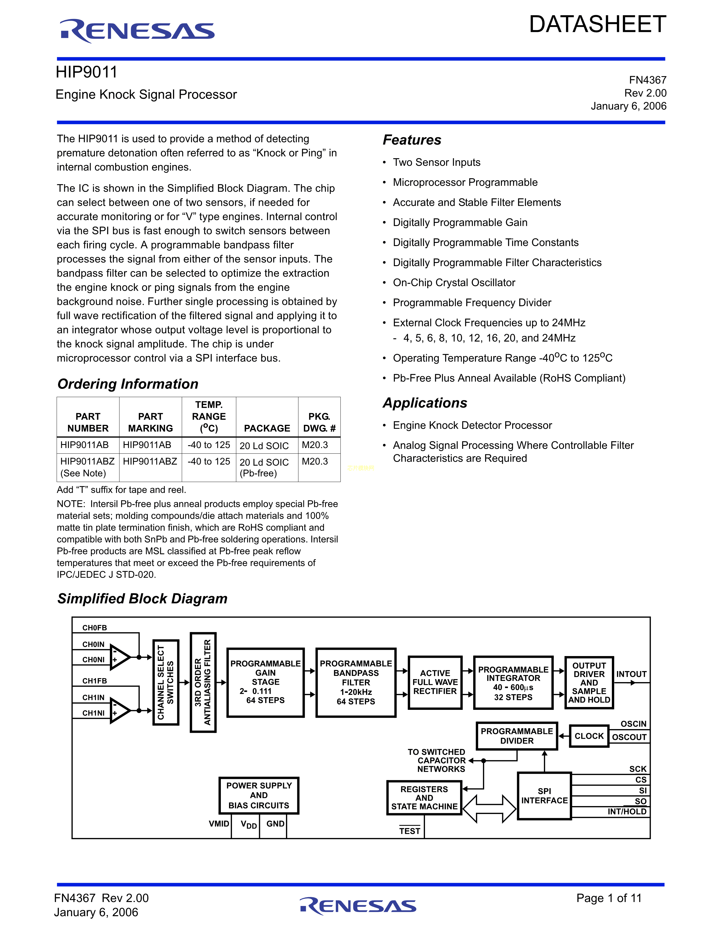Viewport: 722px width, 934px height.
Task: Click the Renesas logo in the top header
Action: [x=137, y=31]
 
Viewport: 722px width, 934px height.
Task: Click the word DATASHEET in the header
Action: [x=597, y=24]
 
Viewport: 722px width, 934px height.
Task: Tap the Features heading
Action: [x=412, y=140]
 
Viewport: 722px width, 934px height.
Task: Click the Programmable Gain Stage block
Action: [x=266, y=682]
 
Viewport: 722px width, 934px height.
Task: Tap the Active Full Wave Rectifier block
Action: [x=435, y=682]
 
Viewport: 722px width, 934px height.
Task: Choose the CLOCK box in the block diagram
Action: [x=589, y=736]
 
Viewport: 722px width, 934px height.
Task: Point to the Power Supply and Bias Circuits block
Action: [x=259, y=795]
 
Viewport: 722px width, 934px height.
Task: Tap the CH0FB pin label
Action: [x=95, y=628]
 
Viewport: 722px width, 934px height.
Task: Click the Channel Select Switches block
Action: [x=166, y=682]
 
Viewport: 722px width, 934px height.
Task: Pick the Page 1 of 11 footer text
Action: [x=609, y=898]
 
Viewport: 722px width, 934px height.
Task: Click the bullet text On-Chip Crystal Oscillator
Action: [x=454, y=283]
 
